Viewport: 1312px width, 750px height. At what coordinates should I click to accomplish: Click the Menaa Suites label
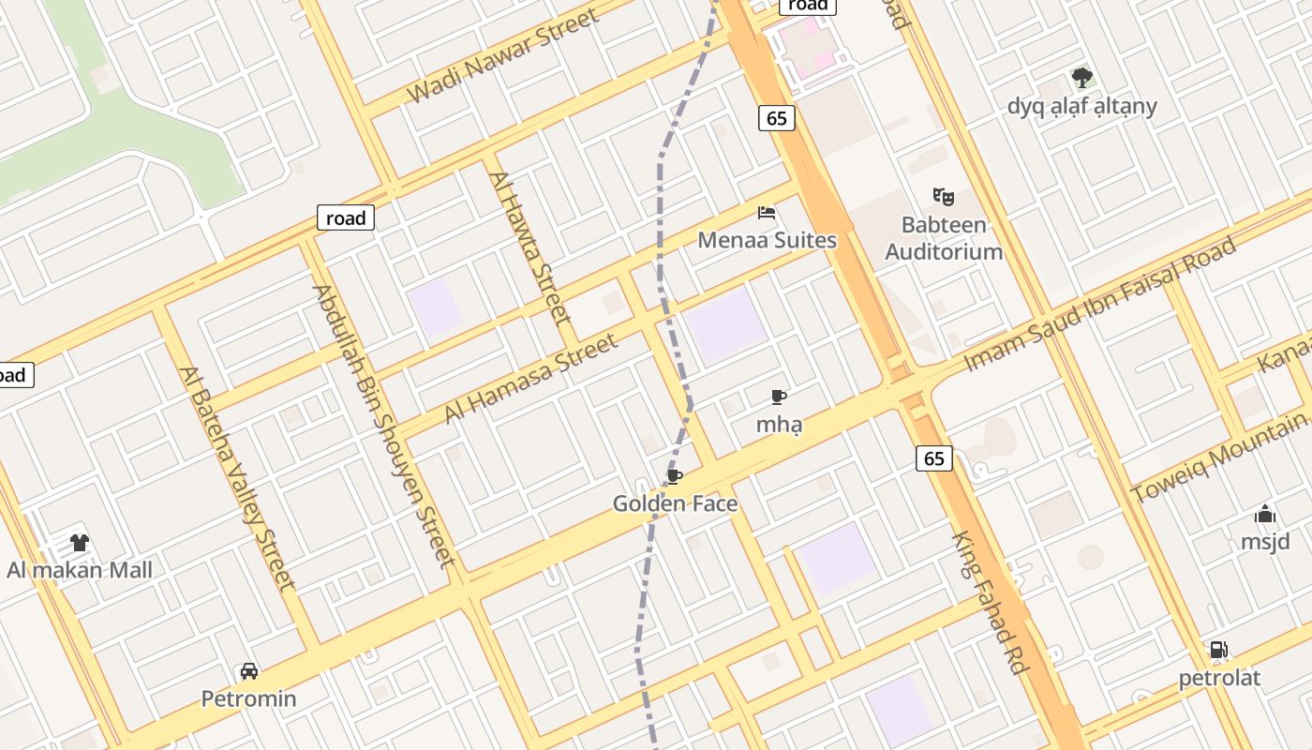(767, 240)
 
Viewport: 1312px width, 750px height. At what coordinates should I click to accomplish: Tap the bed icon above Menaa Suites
(767, 213)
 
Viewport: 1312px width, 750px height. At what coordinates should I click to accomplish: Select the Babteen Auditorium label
(944, 238)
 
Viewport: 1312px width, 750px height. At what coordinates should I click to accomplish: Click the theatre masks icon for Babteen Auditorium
(943, 197)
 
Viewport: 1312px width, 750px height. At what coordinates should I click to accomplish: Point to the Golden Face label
(675, 503)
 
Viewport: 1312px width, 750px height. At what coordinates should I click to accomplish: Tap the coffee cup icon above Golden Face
(674, 476)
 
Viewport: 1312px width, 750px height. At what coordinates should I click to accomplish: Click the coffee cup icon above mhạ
(778, 397)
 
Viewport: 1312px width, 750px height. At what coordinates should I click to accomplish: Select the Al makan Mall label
(80, 570)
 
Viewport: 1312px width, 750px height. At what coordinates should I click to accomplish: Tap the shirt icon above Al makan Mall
(80, 542)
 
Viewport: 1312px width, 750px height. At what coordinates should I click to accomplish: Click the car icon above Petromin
(249, 671)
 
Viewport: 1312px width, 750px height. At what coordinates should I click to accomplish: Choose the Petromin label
(249, 698)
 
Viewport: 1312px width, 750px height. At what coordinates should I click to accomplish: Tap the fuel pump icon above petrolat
(1218, 650)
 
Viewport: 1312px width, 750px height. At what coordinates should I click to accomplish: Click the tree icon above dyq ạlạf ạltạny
(1082, 78)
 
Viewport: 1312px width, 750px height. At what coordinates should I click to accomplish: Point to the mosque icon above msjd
(1265, 514)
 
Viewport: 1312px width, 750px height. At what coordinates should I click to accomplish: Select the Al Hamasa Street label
(531, 377)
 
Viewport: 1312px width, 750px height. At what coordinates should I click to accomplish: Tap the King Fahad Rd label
(991, 602)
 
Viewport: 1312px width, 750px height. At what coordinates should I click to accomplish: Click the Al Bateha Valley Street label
(237, 478)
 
